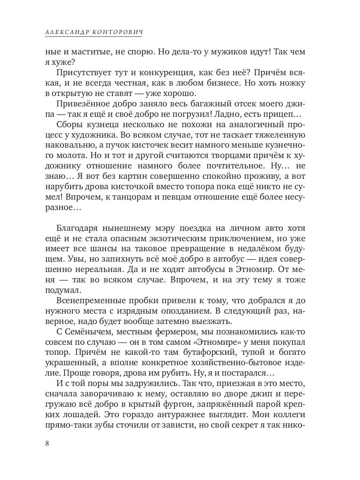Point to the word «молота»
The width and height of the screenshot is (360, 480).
tap(69, 156)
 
